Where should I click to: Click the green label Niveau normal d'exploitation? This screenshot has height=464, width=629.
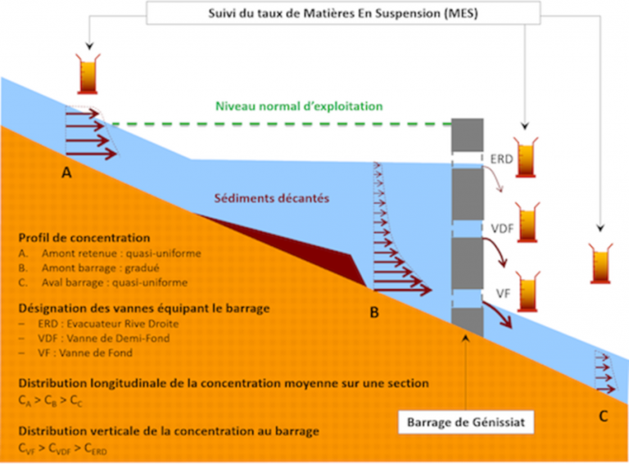click(299, 106)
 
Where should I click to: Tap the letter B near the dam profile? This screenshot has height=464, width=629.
click(373, 312)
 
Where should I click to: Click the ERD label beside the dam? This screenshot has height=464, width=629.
click(501, 158)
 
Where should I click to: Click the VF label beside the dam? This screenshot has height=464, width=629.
click(501, 290)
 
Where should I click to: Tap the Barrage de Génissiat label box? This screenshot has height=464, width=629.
click(465, 424)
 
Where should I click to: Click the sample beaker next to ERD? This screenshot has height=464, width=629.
click(525, 155)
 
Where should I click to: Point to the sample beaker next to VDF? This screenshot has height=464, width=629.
click(525, 220)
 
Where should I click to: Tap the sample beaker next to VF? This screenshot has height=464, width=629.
click(524, 291)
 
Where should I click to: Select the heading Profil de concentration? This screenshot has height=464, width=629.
click(74, 238)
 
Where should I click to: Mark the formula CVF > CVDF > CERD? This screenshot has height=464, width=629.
click(62, 448)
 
